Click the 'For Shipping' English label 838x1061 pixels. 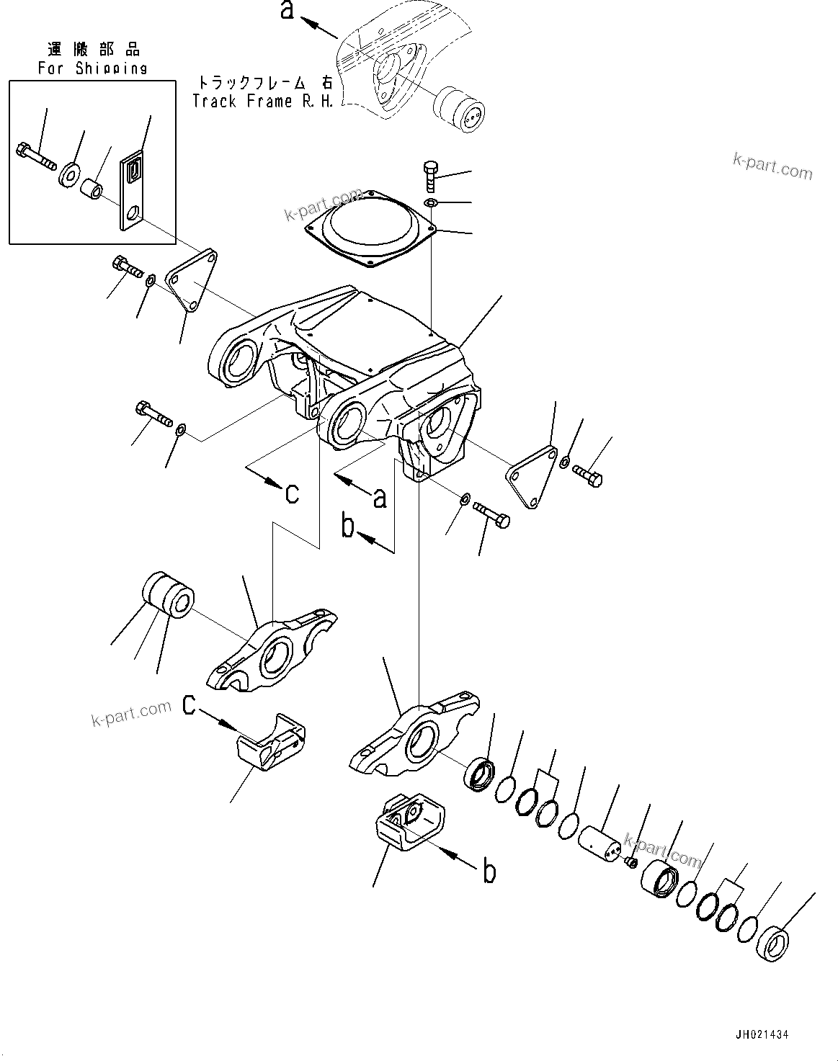[92, 68]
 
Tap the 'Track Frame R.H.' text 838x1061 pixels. [263, 102]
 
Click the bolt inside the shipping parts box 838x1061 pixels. [34, 156]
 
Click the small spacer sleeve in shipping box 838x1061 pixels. [90, 190]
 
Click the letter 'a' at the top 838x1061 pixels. [287, 11]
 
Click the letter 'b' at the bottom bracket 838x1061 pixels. [489, 872]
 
